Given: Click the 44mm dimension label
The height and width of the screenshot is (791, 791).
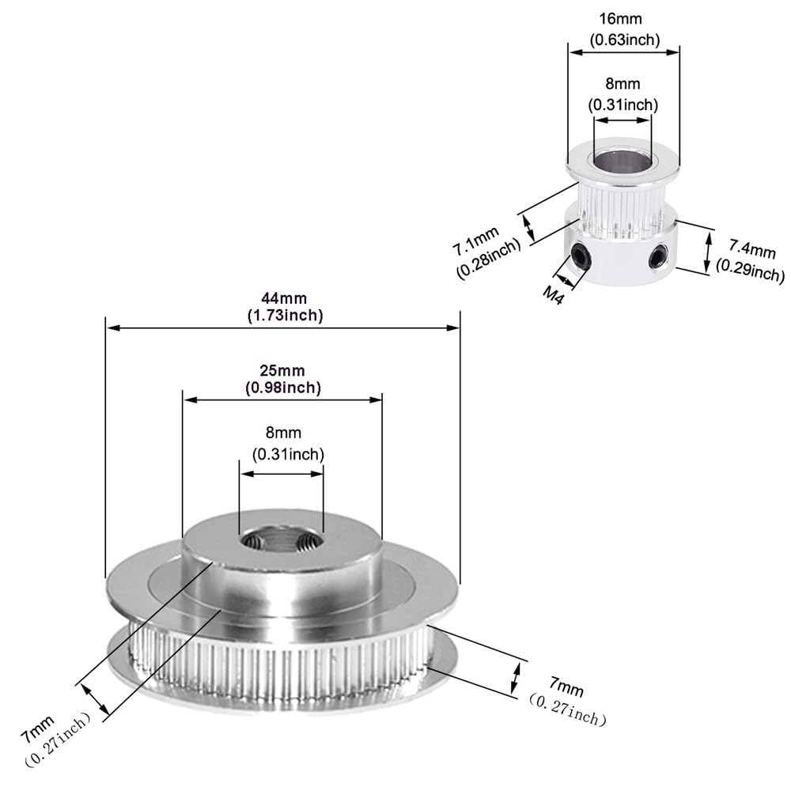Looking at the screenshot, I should click(283, 298).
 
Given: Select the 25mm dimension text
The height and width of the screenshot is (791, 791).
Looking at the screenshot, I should click(282, 370).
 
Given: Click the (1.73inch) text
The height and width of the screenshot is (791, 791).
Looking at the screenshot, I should click(282, 315).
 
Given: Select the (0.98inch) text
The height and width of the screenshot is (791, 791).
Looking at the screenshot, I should click(282, 387).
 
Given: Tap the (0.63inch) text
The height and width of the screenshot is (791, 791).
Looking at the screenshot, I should click(624, 39).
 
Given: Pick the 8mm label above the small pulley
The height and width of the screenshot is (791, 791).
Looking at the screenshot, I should click(623, 84).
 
